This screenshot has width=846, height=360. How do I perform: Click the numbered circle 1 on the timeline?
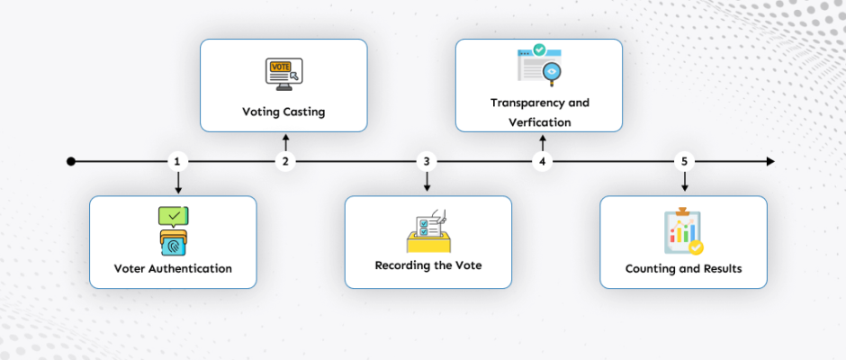pos(178,162)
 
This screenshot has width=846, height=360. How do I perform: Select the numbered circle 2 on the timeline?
pos(285,162)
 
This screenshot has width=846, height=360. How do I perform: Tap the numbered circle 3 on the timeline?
pos(427,162)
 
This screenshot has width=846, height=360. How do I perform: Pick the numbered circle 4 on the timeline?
pos(542,162)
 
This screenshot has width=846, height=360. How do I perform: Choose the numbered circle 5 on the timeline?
pos(684,162)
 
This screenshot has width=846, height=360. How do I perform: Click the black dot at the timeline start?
pos(71,162)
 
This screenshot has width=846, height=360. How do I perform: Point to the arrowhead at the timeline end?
pos(769,162)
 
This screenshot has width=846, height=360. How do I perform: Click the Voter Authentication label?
pos(173,268)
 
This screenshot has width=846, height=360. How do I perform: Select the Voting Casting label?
pos(283,112)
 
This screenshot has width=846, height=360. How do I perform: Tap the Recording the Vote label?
pos(427,266)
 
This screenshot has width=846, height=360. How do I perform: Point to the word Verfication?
pos(540,121)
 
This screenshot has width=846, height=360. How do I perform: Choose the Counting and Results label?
pos(683,268)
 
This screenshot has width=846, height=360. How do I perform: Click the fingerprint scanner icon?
pos(172,240)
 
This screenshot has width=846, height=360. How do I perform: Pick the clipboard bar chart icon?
pos(682,232)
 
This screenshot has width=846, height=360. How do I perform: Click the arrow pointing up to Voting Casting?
pos(285,141)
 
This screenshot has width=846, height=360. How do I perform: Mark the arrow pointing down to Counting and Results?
pos(684,183)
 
